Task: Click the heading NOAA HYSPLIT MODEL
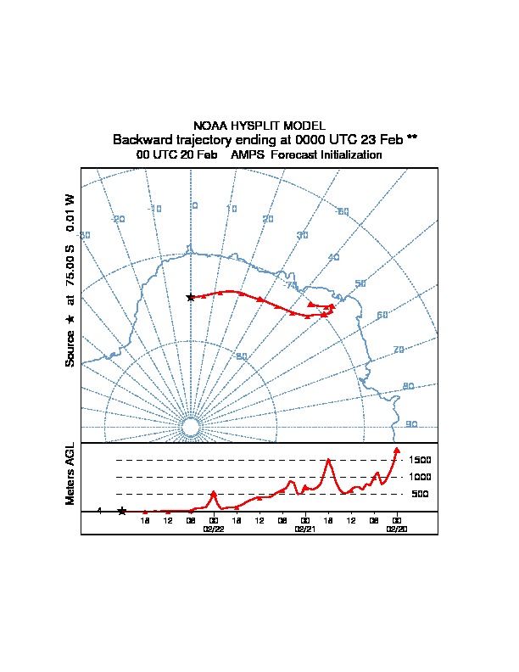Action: tap(259, 126)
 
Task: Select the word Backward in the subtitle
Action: tap(144, 139)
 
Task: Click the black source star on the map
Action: tap(191, 297)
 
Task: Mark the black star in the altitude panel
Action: tap(122, 511)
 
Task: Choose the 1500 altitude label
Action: tap(421, 460)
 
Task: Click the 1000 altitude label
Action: tap(421, 477)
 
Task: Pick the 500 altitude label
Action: tap(419, 494)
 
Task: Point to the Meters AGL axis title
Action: tap(70, 473)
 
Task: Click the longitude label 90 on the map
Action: tap(411, 424)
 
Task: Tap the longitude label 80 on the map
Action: tap(408, 386)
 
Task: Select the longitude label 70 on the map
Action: tap(399, 350)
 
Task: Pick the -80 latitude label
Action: tap(241, 356)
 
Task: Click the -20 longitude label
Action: tap(119, 219)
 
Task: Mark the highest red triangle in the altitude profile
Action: tap(397, 451)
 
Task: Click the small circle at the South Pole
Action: tap(191, 427)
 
